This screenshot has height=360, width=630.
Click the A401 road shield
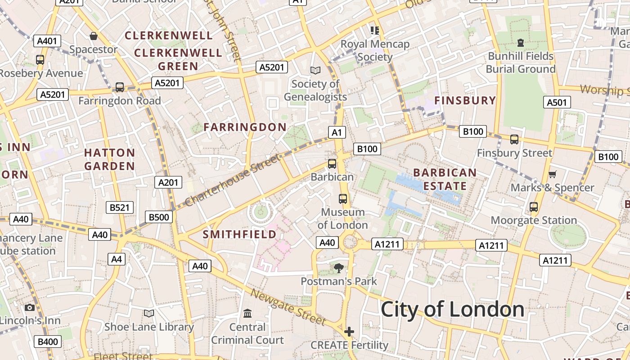[47, 41]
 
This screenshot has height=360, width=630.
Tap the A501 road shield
[557, 103]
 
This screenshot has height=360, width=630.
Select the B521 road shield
[120, 207]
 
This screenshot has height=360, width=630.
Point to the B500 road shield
[159, 217]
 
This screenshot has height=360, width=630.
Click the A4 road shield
[117, 259]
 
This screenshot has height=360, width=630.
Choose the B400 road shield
[48, 342]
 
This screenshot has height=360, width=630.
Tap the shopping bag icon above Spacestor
[94, 36]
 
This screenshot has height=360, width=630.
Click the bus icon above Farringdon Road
[120, 87]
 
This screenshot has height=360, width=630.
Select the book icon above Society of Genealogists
[315, 71]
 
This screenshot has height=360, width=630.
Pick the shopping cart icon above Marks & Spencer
[553, 174]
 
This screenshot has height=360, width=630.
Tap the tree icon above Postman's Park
[338, 268]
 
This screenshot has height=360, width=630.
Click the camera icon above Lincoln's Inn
[30, 308]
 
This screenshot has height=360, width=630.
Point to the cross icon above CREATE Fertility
[349, 332]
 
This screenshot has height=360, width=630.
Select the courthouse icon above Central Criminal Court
[247, 313]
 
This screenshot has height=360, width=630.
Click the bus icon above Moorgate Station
[534, 207]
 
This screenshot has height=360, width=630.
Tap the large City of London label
[452, 310]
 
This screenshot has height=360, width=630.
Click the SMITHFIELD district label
[239, 234]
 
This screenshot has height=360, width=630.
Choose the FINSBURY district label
[465, 100]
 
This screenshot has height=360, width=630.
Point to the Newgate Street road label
[288, 307]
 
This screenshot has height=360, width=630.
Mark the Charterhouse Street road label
[233, 179]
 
